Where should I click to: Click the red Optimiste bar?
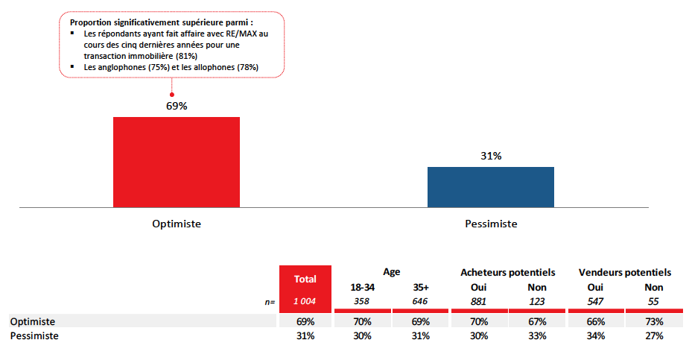pos(177,162)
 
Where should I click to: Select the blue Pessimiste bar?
pos(490,187)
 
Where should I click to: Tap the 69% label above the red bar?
pos(177,106)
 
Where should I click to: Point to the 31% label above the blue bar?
pos(491,156)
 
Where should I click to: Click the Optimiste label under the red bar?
pos(177,224)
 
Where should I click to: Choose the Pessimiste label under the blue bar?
pos(491,224)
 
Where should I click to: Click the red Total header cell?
pos(304,279)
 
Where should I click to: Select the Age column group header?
pos(391,273)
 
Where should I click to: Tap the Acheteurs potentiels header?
pos(508,273)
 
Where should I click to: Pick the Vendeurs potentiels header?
pos(624,273)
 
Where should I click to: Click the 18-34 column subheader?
pos(362,288)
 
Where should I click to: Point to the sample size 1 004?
pos(304,301)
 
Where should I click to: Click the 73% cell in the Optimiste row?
pos(653,321)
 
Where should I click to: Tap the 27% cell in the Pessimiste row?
pos(653,336)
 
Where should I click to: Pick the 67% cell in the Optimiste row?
pos(536,321)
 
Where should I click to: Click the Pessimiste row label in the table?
pos(34,336)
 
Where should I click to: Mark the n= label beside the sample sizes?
pos(270,302)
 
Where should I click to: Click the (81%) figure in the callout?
pos(186,56)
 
